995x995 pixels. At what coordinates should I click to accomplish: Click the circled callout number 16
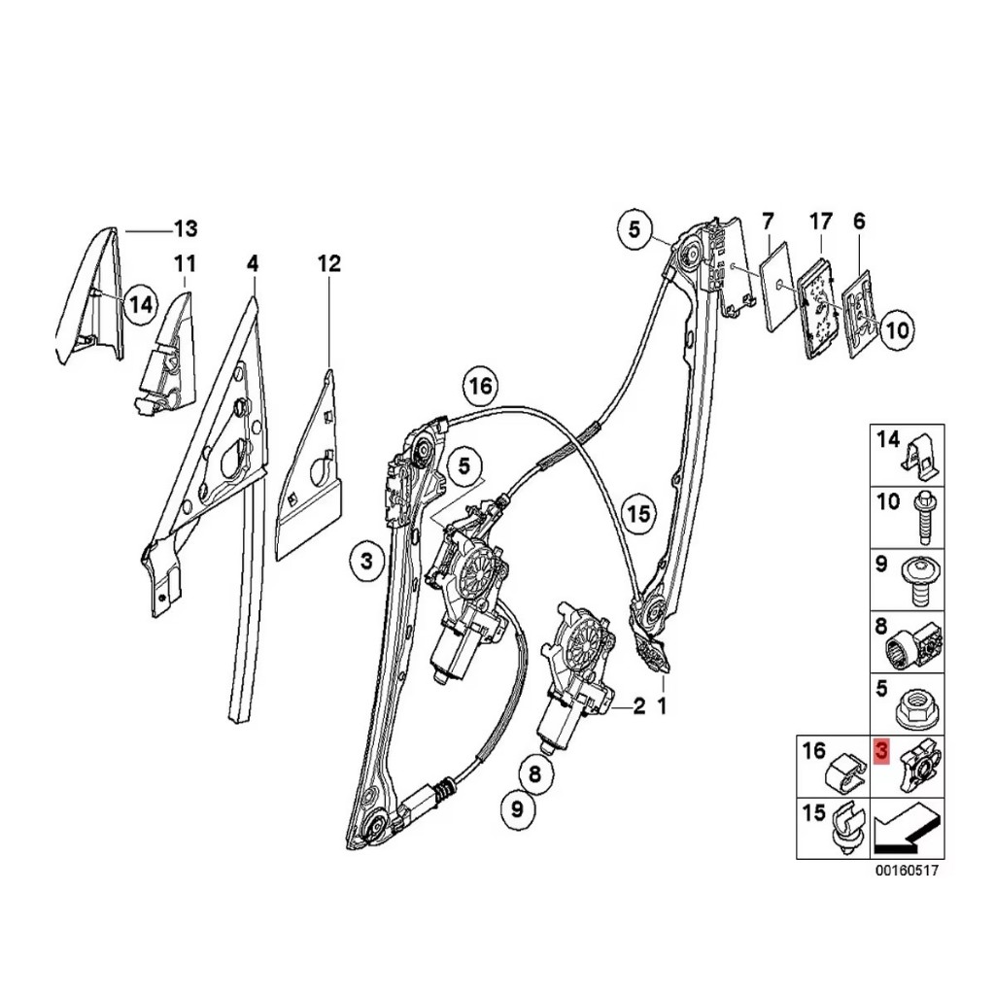point(480,386)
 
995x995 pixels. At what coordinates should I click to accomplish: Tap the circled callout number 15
point(638,513)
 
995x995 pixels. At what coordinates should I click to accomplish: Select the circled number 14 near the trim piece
point(140,304)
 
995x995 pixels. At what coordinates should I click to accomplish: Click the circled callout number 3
point(366,562)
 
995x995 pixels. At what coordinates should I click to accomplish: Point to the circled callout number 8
point(534,773)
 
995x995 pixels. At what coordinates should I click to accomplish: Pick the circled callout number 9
point(517,809)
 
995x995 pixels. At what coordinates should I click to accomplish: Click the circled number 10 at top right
point(897,329)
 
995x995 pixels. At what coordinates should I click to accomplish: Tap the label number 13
point(186,227)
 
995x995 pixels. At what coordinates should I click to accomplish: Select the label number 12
point(329,262)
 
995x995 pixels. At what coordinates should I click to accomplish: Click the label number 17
point(820,222)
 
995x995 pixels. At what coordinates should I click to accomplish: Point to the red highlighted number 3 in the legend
point(880,752)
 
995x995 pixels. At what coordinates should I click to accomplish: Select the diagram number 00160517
point(907,871)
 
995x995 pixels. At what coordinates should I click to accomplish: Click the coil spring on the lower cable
point(445,791)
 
